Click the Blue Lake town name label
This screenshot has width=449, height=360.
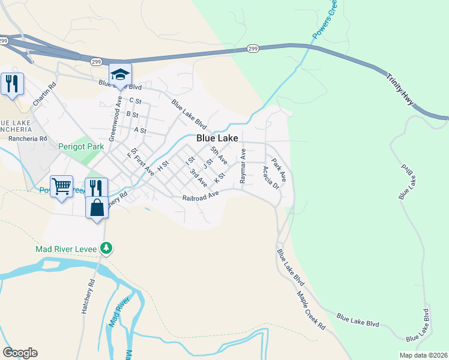tap(217, 138)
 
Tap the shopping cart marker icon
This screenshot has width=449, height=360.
tap(62, 187)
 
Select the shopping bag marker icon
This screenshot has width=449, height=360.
tap(97, 208)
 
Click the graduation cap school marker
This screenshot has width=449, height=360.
tap(120, 75)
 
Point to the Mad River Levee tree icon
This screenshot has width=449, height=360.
tap(106, 247)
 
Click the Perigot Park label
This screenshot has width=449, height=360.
tap(81, 146)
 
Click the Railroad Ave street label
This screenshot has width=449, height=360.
tap(200, 197)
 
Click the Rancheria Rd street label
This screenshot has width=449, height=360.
tap(28, 139)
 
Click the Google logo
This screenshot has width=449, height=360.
tap(20, 353)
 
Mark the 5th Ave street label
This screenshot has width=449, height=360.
tap(218, 155)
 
